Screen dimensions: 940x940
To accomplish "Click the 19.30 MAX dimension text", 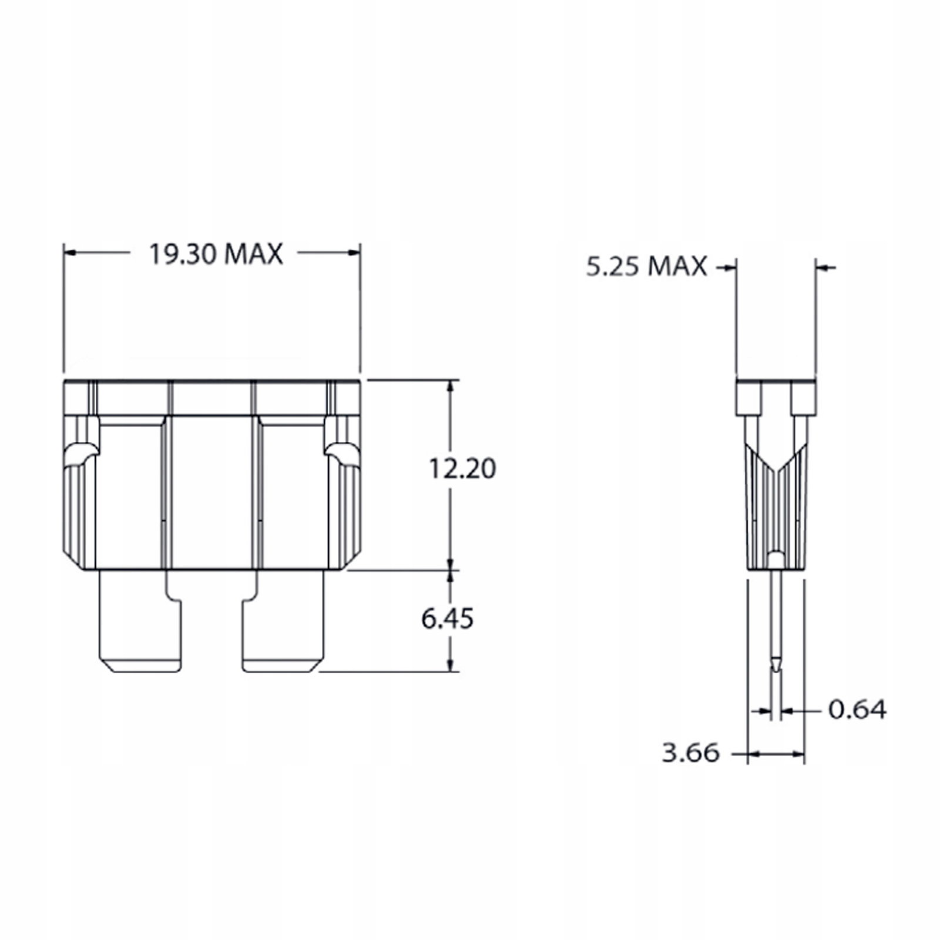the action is [216, 254].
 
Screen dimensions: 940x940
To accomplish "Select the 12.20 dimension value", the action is [462, 469].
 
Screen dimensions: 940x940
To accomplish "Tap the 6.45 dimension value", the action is [448, 619].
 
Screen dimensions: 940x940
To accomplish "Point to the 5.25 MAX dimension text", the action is [646, 267].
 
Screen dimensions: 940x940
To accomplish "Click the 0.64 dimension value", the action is [857, 710].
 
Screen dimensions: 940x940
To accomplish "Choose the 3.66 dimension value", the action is [690, 753].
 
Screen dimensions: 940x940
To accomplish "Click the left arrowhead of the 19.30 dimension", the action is [70, 253].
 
